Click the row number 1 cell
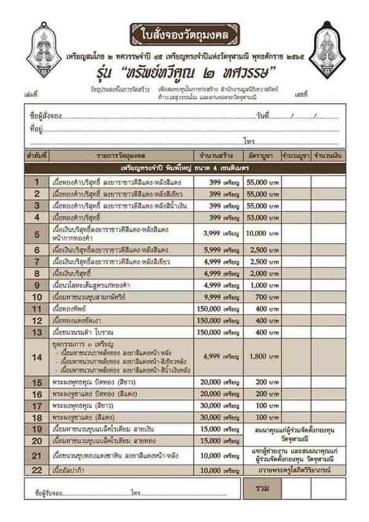click(x=37, y=182)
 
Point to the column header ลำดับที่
click(x=37, y=155)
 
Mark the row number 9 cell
click(x=37, y=285)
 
